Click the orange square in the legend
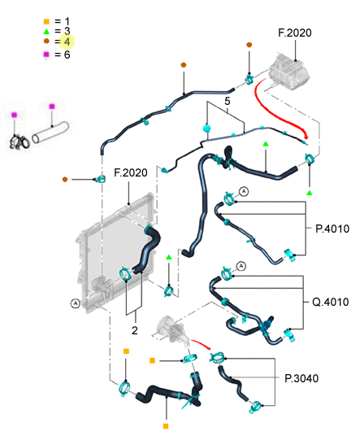(46, 21)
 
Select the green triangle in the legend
(46, 32)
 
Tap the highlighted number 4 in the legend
(67, 41)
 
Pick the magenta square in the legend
(46, 54)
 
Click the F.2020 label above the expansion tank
(295, 33)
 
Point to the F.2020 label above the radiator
(131, 172)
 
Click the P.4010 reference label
(332, 229)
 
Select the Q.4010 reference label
(330, 302)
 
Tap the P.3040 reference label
(301, 378)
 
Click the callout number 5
(228, 101)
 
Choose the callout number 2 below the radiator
(135, 330)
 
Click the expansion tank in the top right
(289, 72)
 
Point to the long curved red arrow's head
(306, 137)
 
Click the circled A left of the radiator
(76, 303)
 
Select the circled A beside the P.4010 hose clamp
(244, 191)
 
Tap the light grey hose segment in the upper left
(50, 133)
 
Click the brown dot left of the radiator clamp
(65, 179)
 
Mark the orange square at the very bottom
(166, 426)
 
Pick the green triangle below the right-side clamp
(310, 193)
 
